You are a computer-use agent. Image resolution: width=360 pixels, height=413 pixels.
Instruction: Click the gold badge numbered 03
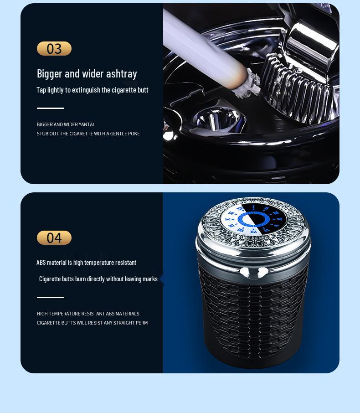(54, 48)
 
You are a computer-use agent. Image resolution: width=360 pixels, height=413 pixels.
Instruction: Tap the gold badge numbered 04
(54, 237)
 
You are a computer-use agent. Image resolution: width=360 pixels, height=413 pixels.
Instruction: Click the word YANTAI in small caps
(86, 124)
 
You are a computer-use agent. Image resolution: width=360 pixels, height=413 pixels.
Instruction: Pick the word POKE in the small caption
(134, 134)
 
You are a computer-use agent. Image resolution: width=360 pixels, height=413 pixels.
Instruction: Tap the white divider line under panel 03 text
(51, 108)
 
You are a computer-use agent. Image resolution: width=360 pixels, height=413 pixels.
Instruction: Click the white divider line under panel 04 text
(51, 297)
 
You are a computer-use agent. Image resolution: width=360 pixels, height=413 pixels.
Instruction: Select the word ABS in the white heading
(41, 263)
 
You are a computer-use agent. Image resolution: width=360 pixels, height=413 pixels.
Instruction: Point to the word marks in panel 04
(149, 279)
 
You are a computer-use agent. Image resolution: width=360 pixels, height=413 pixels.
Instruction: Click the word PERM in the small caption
(142, 323)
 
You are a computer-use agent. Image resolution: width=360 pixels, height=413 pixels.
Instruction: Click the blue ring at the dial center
(253, 219)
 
